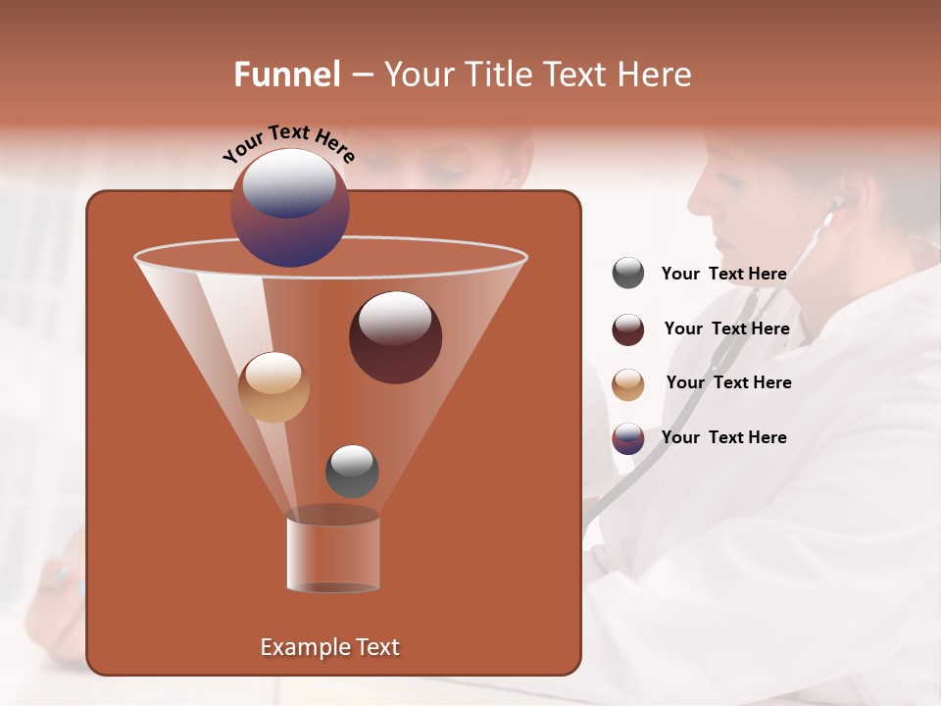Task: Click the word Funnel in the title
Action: (x=286, y=75)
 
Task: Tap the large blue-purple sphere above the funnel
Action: (x=289, y=208)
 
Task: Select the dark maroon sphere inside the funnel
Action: (x=395, y=337)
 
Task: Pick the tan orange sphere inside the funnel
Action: (x=273, y=387)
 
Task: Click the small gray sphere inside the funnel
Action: (x=352, y=471)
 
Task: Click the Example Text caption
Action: (x=329, y=647)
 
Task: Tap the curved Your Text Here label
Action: (x=288, y=143)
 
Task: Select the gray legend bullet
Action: (x=628, y=274)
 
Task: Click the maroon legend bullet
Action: (x=628, y=329)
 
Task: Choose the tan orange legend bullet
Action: (x=628, y=383)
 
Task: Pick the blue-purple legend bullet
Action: (x=628, y=438)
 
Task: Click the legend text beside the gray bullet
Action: (x=723, y=274)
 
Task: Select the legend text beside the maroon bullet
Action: (x=726, y=328)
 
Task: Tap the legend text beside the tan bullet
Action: (x=728, y=382)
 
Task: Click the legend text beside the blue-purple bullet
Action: (x=723, y=437)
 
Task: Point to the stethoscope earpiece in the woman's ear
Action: (x=836, y=203)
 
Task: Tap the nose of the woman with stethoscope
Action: (x=694, y=202)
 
